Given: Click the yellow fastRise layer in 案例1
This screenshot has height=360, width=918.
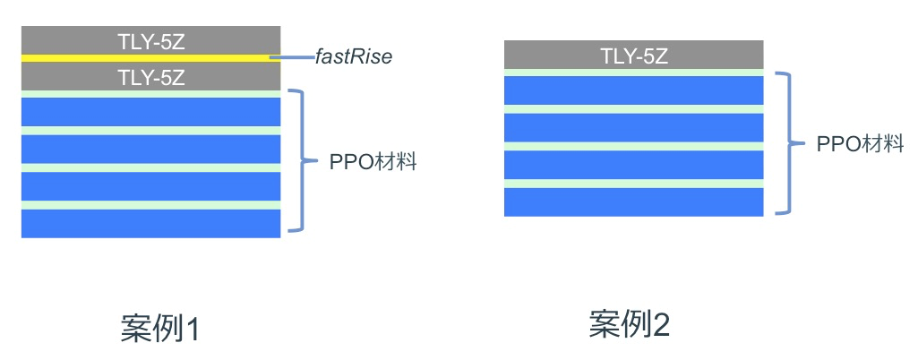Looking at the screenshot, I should tap(150, 58).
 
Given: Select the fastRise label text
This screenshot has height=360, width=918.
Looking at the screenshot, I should tap(353, 57).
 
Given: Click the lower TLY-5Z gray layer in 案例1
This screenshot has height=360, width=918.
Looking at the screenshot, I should tap(150, 77).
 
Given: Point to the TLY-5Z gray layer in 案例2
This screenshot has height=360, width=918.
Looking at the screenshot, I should tap(634, 55).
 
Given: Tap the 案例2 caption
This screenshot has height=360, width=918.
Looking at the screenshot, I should tap(629, 324).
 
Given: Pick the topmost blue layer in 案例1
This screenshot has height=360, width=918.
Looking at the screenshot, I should tap(150, 111).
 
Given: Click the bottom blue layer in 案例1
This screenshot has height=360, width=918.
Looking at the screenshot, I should tap(150, 224).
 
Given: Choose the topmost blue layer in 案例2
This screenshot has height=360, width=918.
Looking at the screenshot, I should tap(634, 90).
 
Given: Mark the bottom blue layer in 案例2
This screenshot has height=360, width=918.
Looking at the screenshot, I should tap(634, 201).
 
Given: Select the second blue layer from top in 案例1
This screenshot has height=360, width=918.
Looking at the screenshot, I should tap(150, 149).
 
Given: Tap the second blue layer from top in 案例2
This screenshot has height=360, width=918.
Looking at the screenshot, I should tap(634, 127).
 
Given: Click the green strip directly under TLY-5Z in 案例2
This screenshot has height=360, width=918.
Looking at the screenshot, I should tap(634, 73).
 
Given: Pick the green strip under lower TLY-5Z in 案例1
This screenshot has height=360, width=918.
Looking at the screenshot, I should tap(150, 93).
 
